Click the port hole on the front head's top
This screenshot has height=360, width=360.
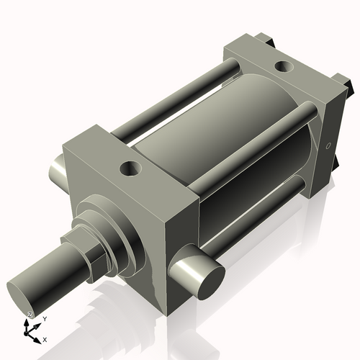coord(131,169)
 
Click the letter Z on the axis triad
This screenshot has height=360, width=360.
coord(30,315)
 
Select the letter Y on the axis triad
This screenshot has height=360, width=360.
coord(45,318)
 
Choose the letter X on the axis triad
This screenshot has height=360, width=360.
coord(45,338)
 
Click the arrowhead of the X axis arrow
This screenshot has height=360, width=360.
coord(38,337)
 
